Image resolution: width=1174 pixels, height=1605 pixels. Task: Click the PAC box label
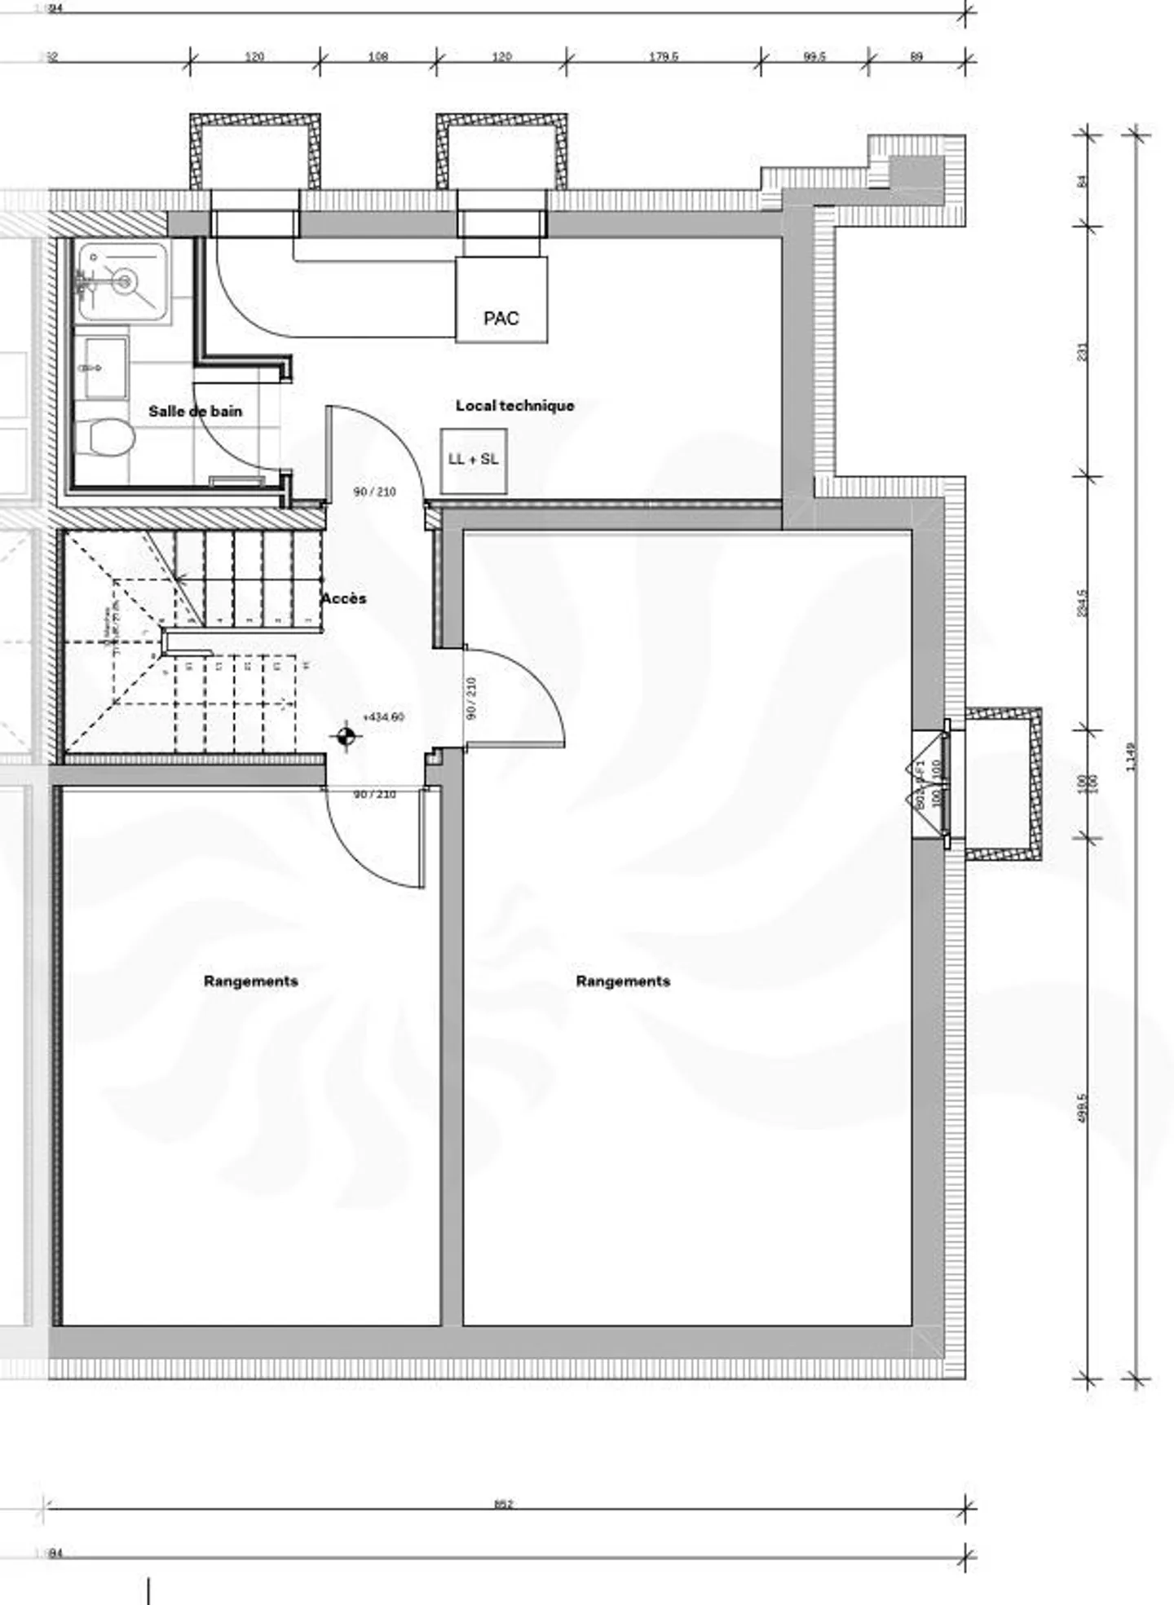[x=501, y=318]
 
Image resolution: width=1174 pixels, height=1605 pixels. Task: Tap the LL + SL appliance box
[x=474, y=460]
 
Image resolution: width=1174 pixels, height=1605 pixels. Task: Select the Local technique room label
[x=514, y=405]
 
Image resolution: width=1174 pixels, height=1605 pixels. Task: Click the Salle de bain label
[x=195, y=411]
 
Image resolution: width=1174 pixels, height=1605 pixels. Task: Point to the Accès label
[x=343, y=598]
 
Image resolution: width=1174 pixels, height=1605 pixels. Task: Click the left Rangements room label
[x=250, y=981]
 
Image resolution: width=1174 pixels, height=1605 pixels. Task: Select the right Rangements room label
[x=623, y=981]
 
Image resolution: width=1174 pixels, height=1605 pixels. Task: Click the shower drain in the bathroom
[x=124, y=282]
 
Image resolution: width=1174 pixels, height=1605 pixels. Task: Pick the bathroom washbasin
[x=104, y=368]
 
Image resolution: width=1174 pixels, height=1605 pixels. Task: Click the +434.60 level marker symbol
[x=346, y=737]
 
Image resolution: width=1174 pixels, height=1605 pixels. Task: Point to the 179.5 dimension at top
[x=663, y=56]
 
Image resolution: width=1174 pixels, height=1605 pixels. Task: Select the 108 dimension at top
[x=377, y=56]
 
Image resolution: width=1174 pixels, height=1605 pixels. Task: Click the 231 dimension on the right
[x=1082, y=351]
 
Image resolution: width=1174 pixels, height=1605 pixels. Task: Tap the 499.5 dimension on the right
[x=1082, y=1108]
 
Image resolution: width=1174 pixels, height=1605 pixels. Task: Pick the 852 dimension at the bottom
[x=503, y=1505]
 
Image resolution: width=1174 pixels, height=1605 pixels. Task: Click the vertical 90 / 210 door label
[x=471, y=698]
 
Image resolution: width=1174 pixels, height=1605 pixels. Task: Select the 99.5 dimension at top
[x=814, y=56]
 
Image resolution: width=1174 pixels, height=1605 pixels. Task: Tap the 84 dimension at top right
[x=1082, y=181]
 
